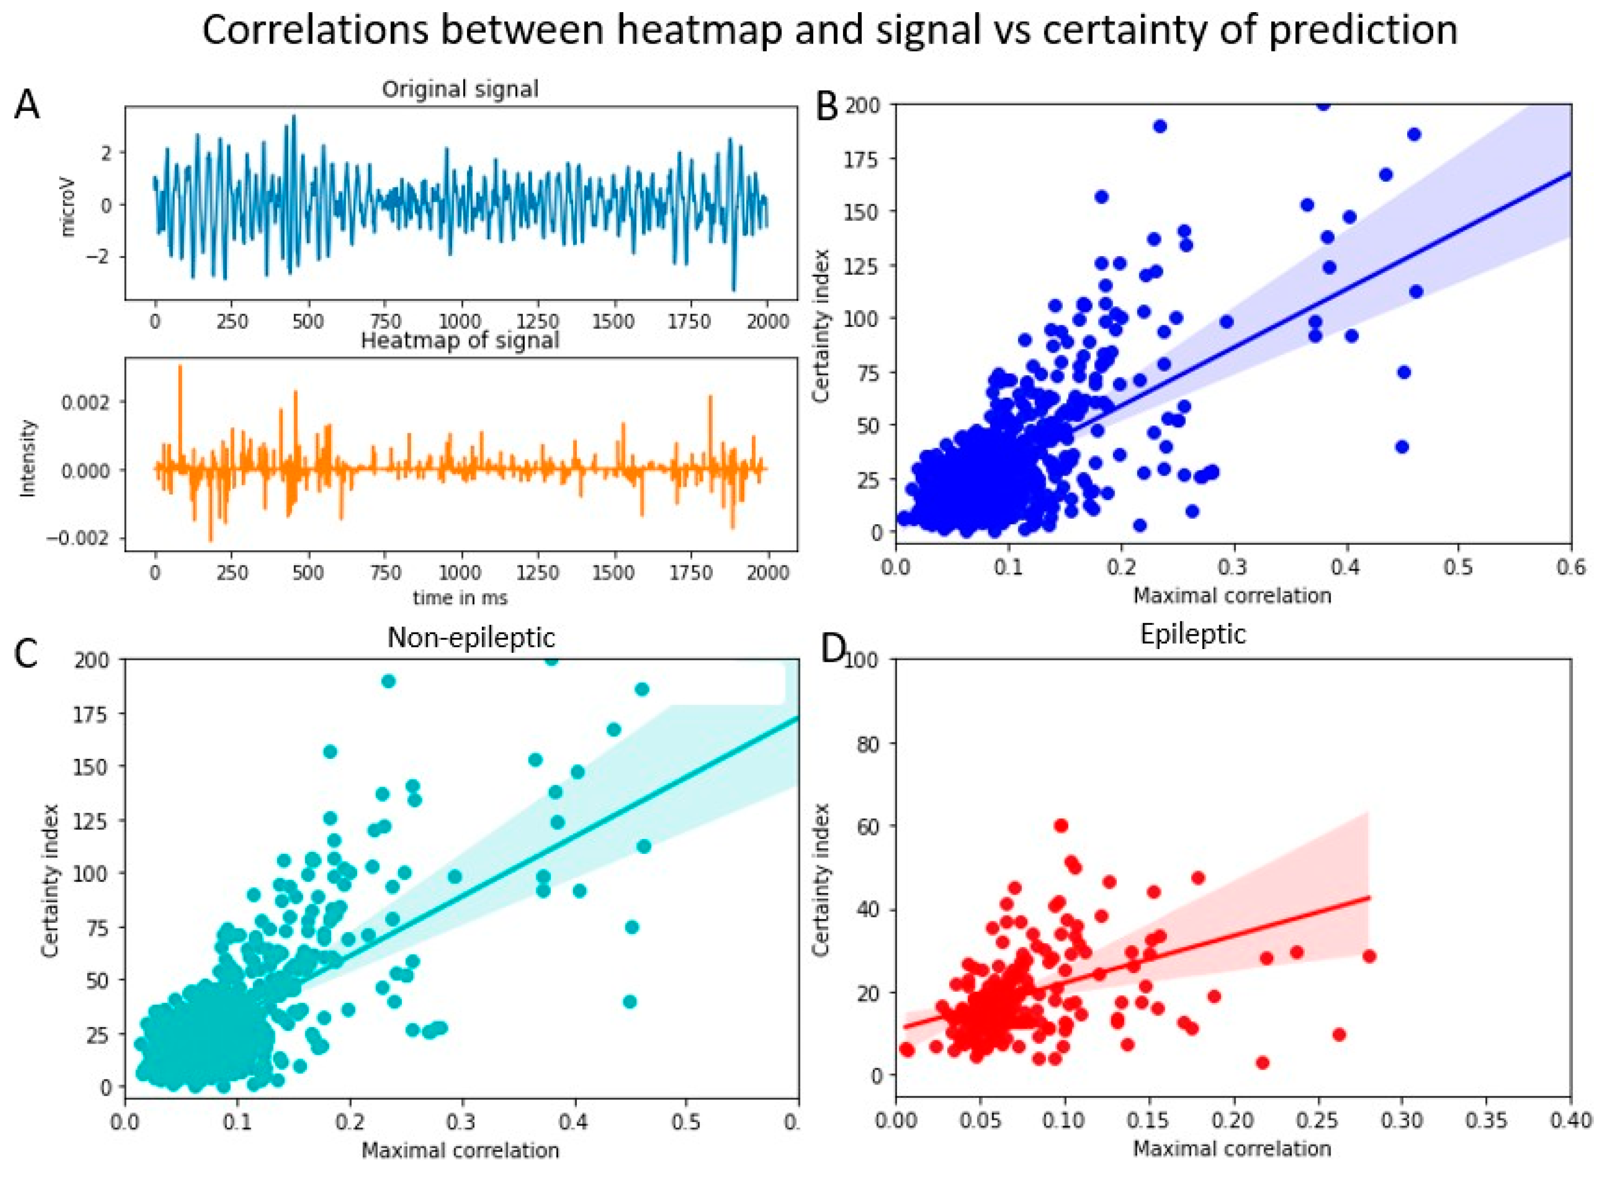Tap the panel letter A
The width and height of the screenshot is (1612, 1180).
pos(27,106)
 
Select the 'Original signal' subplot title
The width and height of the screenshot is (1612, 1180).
pos(460,89)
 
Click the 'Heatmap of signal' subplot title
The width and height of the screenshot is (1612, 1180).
pos(460,340)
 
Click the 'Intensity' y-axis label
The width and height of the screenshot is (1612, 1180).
pos(27,458)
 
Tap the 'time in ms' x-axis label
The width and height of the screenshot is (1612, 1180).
pos(460,597)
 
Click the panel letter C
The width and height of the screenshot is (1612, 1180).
pos(26,653)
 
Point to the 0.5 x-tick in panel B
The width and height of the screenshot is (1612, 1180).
pos(1459,567)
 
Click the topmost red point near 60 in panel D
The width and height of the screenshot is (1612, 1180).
pos(1061,826)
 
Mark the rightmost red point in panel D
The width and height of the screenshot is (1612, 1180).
pos(1369,956)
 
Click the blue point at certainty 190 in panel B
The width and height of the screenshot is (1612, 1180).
pos(1160,126)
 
